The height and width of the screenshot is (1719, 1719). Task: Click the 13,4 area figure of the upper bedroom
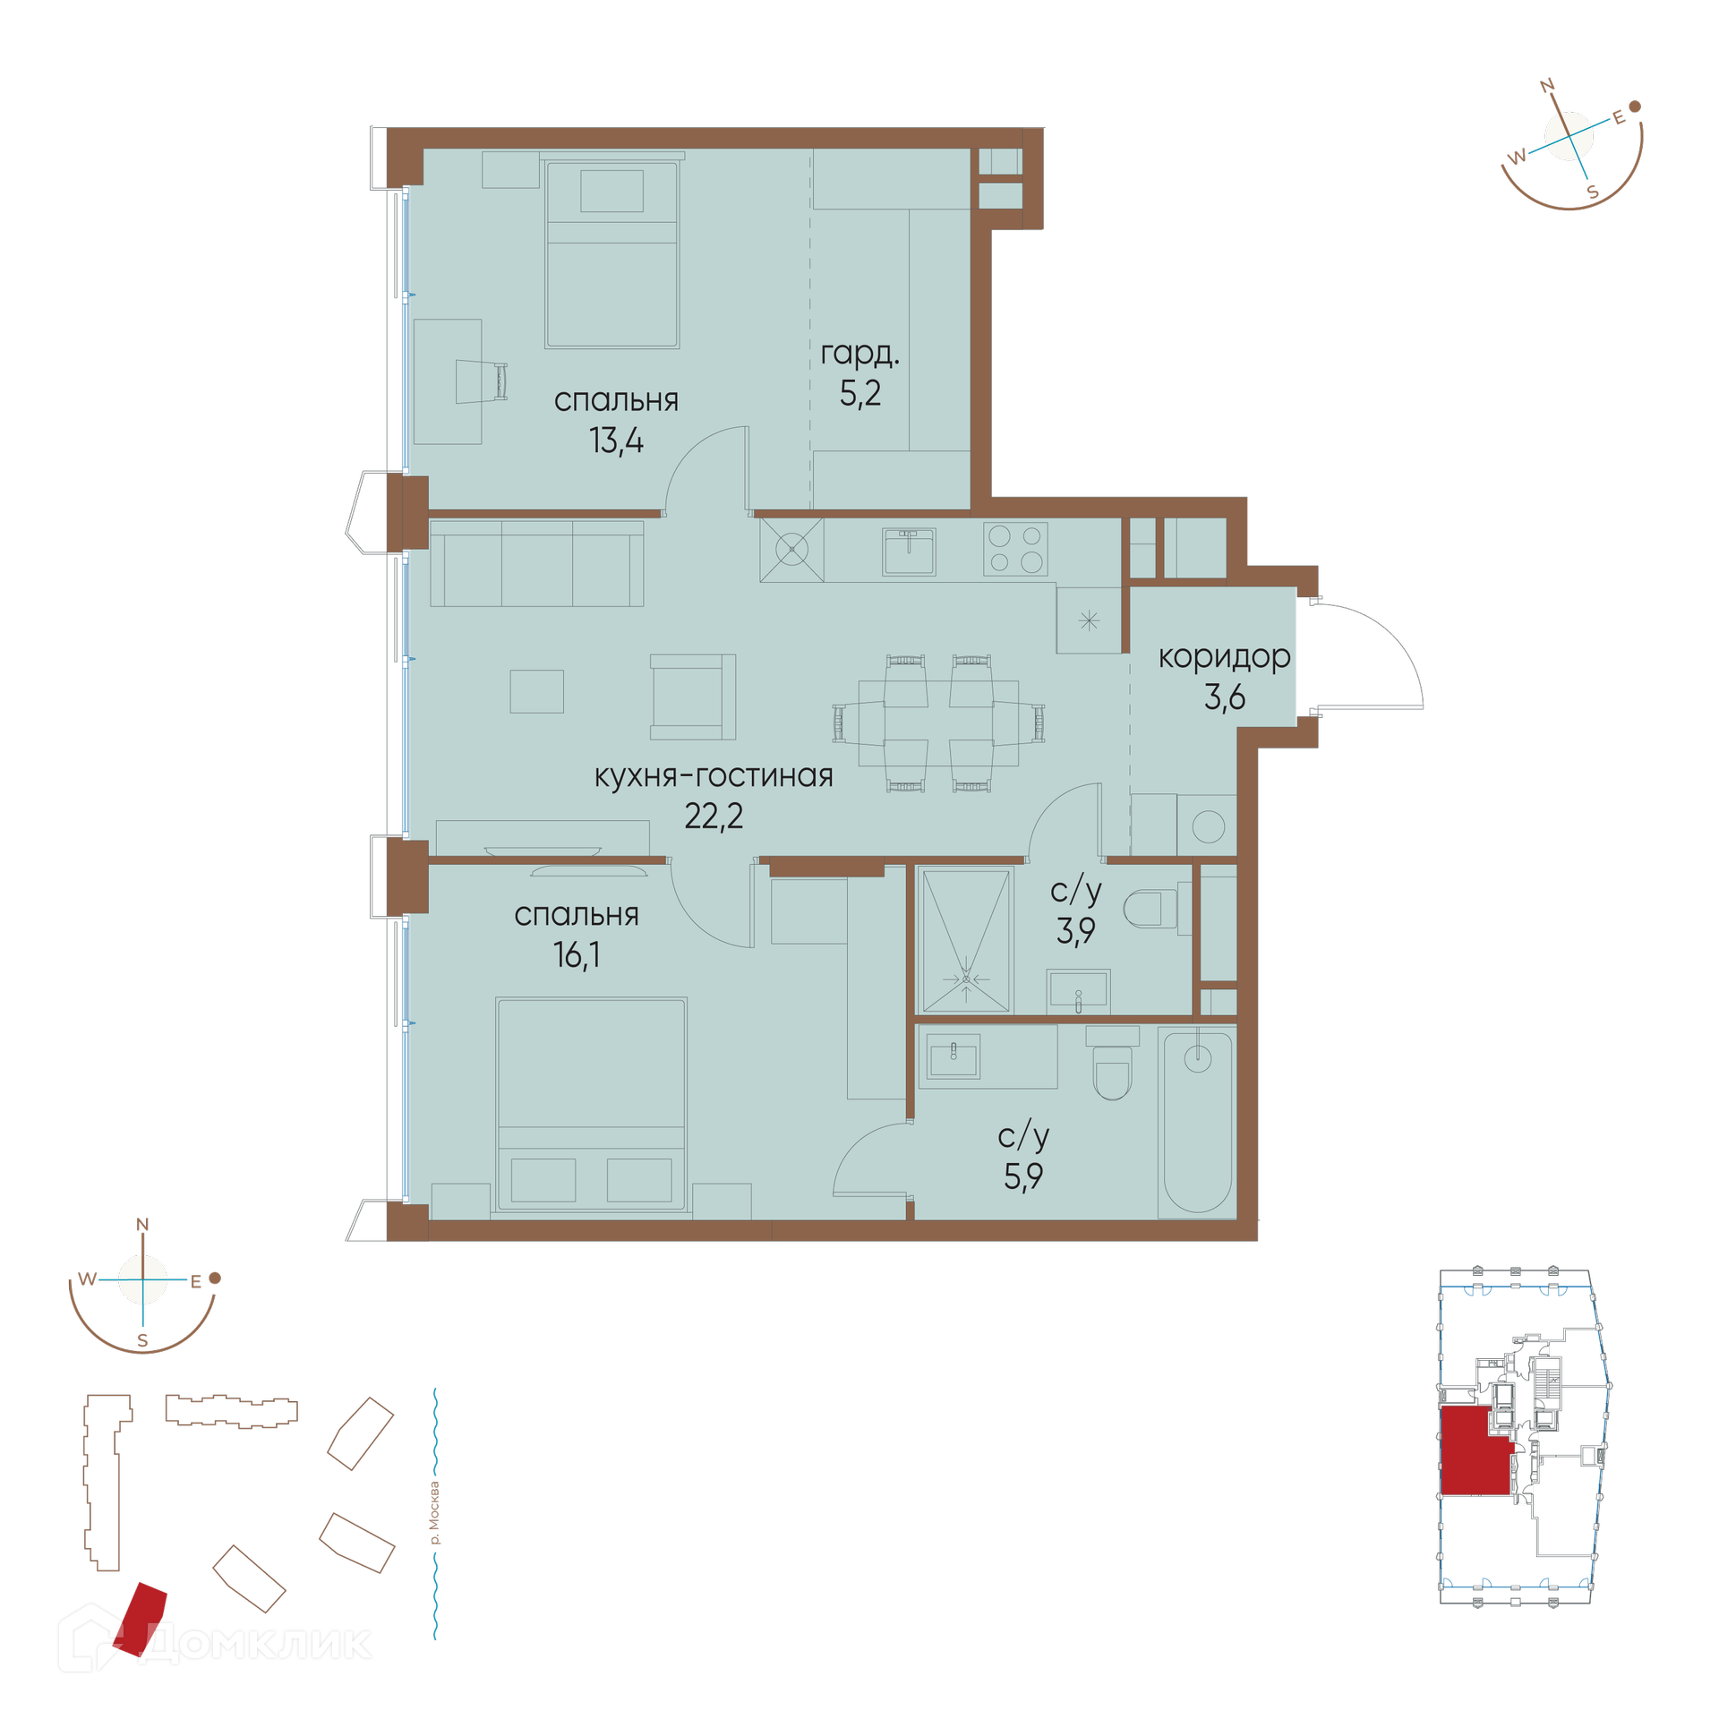[x=616, y=440]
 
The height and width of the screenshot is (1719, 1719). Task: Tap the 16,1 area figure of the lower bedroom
[x=577, y=954]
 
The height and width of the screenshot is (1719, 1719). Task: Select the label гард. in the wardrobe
[x=859, y=354]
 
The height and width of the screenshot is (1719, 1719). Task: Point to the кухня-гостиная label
[x=714, y=775]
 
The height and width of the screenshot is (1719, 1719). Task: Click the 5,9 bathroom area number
[x=1023, y=1176]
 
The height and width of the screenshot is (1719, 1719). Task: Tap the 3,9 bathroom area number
[x=1075, y=931]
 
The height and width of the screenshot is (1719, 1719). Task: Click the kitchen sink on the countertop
[x=909, y=551]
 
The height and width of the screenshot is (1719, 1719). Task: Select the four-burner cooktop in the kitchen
[x=1015, y=549]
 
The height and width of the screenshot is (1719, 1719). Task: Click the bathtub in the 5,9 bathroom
[x=1197, y=1122]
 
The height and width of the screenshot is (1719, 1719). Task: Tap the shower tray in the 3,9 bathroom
[x=965, y=940]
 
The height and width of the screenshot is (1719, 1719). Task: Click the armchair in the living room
[x=692, y=697]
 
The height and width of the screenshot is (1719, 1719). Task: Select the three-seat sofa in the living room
[x=536, y=563]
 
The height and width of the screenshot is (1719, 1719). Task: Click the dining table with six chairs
[x=938, y=723]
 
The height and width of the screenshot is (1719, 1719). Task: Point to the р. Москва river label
[x=435, y=1514]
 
